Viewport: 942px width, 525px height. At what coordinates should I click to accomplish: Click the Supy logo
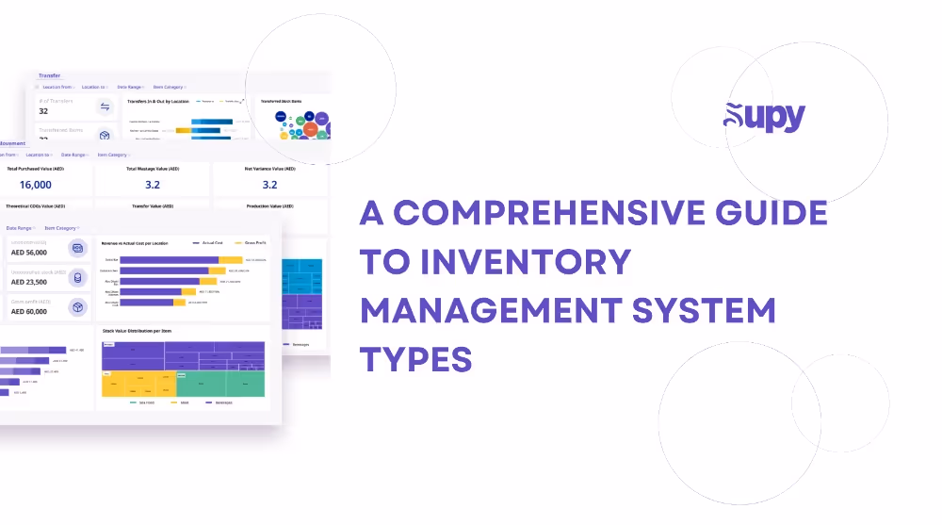pos(764,116)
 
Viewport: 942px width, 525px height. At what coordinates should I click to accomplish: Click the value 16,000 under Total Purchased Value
pos(36,185)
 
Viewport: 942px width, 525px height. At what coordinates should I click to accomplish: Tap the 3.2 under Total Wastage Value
pos(153,185)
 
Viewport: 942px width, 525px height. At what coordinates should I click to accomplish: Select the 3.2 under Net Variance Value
pos(269,185)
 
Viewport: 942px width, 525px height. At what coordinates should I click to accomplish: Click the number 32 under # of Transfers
pos(43,111)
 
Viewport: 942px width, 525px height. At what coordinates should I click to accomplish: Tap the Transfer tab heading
pos(49,75)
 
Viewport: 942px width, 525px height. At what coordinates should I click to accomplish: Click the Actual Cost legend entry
pos(210,242)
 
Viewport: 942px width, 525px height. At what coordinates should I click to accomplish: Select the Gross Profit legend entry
pos(252,242)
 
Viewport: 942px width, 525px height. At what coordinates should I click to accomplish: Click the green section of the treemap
pos(219,383)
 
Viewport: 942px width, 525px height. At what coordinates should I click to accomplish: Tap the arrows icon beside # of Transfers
pos(105,107)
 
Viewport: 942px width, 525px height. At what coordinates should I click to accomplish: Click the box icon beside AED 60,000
pos(79,306)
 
